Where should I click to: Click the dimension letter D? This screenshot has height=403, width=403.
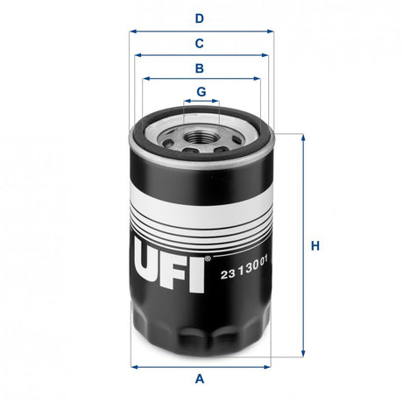point(200,18)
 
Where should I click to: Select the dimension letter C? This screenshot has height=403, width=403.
point(200,43)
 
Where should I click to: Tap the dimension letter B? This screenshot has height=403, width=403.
point(200,67)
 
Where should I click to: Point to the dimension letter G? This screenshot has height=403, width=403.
point(201,91)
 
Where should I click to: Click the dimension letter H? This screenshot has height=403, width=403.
point(315,246)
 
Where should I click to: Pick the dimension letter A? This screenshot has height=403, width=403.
point(200,378)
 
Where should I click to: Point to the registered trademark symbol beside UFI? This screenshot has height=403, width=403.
point(208,259)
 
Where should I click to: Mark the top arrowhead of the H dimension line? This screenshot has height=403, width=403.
point(303,137)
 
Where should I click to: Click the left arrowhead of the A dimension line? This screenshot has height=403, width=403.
point(132,364)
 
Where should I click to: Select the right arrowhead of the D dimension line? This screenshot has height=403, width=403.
point(271,31)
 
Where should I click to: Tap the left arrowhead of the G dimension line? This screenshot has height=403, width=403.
point(185,102)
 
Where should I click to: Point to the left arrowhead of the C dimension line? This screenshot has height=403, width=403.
point(138,54)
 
